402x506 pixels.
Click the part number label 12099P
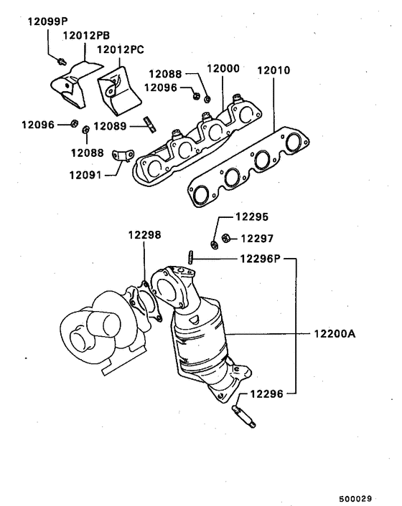click(x=48, y=21)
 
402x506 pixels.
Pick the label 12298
click(x=144, y=234)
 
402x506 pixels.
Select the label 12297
click(x=257, y=238)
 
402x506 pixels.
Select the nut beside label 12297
click(x=225, y=239)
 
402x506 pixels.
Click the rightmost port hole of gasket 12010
click(x=291, y=143)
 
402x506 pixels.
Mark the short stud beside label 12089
click(x=150, y=124)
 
